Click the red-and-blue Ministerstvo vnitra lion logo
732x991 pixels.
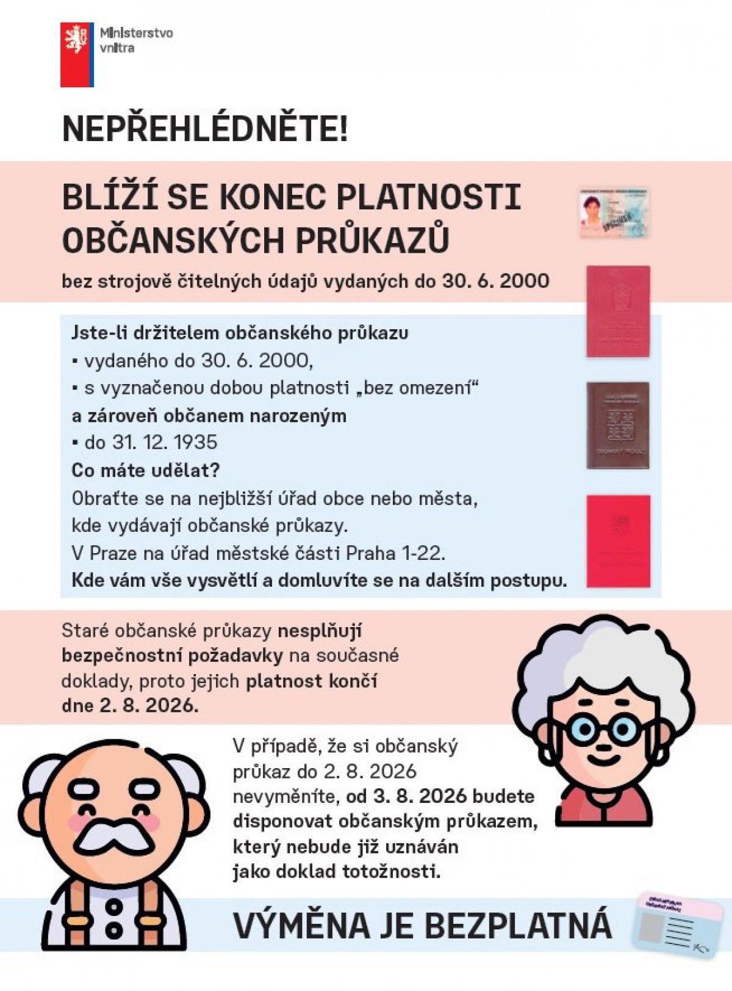point(77,54)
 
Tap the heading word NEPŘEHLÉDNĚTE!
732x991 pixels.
point(205,129)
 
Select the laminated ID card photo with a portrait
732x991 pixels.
point(614,212)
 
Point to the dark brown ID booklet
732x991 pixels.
point(618,426)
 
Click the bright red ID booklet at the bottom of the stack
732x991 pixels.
point(618,541)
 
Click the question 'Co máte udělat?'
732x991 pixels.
point(145,470)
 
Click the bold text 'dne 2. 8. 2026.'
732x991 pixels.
point(130,706)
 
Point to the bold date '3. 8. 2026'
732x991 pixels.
point(420,796)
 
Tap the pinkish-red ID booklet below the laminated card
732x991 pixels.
point(618,311)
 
